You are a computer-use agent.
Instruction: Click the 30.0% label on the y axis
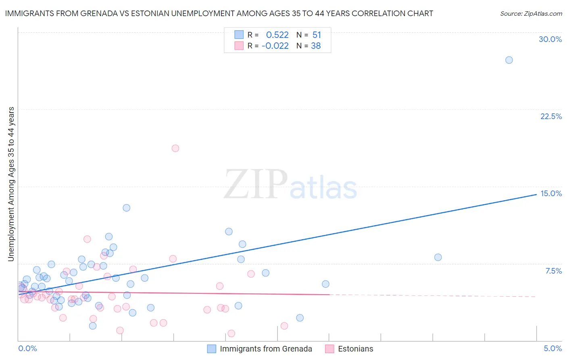(x=550, y=39)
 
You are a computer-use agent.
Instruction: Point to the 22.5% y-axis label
(x=551, y=116)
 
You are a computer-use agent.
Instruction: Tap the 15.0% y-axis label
(x=551, y=193)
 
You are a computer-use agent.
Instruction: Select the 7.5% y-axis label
(x=553, y=271)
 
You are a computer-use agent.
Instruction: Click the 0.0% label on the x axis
(x=27, y=348)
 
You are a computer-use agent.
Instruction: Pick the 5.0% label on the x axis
(x=552, y=348)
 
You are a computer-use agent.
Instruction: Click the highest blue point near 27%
(x=509, y=60)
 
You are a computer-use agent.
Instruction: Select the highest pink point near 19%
(x=175, y=148)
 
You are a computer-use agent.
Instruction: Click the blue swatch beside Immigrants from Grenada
(x=212, y=349)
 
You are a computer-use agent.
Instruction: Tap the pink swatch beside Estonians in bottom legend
(x=329, y=349)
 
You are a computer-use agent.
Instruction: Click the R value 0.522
(x=277, y=35)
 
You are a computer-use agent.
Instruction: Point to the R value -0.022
(x=275, y=46)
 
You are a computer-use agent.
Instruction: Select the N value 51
(x=317, y=35)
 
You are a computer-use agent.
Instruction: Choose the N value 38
(x=316, y=46)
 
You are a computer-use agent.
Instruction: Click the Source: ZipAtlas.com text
(x=531, y=14)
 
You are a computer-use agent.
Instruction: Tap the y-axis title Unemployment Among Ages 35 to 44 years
(x=11, y=184)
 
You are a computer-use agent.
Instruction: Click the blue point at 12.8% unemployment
(x=126, y=208)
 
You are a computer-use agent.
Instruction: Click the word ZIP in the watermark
(x=255, y=184)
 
